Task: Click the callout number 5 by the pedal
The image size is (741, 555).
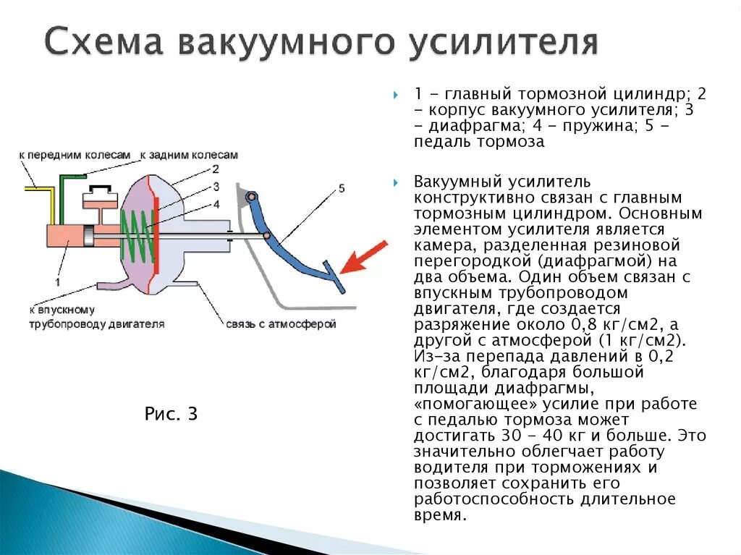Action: tap(342, 189)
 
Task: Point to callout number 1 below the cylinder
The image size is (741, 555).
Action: tap(57, 281)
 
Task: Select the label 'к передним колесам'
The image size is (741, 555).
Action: tap(75, 155)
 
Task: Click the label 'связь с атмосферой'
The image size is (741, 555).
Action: tap(281, 324)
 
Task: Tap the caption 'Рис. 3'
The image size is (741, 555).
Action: tap(172, 414)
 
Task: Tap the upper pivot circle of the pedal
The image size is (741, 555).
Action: tap(250, 197)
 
